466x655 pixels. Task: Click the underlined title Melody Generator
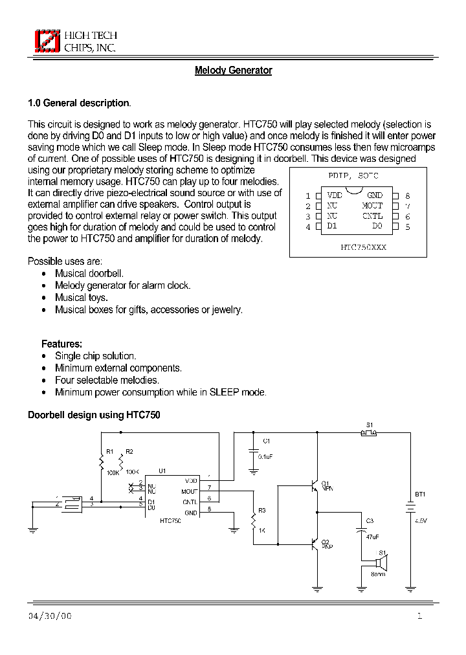233,71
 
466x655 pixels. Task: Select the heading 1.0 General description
78,103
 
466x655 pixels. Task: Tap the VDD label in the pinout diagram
335,195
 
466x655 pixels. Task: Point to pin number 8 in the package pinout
407,195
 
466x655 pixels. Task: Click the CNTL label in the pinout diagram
372,216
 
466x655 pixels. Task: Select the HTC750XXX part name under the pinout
362,247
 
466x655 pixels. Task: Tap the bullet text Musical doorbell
89,273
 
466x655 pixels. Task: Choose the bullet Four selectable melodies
107,380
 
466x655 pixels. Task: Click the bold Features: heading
61,344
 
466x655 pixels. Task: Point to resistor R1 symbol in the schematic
101,461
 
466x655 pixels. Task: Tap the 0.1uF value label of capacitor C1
266,456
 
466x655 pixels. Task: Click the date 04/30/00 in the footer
50,616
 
